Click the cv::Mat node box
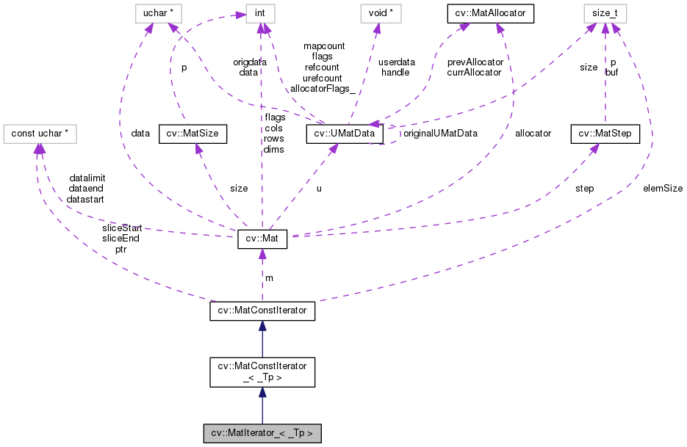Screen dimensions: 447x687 click(x=262, y=239)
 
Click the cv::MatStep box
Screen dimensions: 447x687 click(x=605, y=134)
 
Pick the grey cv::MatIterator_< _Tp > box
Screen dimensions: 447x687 click(x=262, y=433)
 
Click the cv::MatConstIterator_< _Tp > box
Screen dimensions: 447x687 click(x=262, y=372)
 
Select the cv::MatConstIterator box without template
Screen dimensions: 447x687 click(x=262, y=311)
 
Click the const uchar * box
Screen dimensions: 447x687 click(x=40, y=134)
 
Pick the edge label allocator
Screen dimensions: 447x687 click(x=533, y=134)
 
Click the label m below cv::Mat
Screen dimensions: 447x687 click(x=269, y=277)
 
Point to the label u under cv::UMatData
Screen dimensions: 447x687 click(x=318, y=188)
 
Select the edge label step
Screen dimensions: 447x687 click(x=585, y=188)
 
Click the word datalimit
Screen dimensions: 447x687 click(x=87, y=178)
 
